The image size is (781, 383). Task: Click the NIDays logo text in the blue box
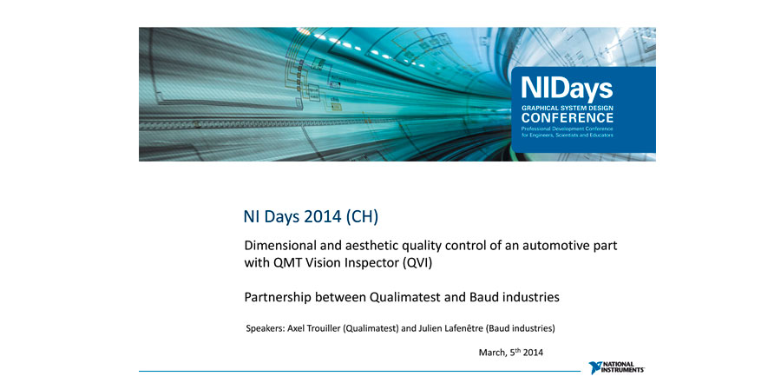pos(567,89)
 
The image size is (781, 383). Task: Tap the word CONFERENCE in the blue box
pos(568,118)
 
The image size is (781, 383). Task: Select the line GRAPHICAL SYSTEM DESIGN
pos(568,108)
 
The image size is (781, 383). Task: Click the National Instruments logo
pos(617,368)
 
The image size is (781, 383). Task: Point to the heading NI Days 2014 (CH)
pos(311,217)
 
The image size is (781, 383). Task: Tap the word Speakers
pos(266,329)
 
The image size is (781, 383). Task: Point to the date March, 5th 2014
pos(511,352)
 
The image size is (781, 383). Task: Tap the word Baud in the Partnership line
pos(483,297)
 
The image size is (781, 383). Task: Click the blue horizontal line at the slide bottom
pos(359,371)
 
